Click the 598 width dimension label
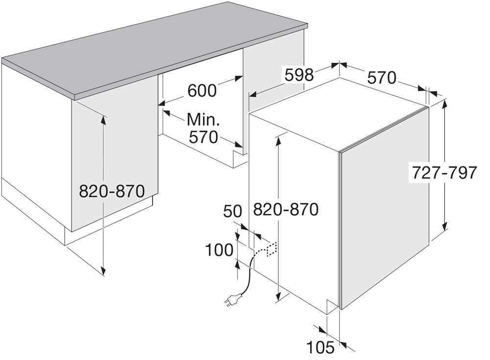[x=299, y=75]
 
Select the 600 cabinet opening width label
[x=202, y=91]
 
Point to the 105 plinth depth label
[x=320, y=347]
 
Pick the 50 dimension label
[x=233, y=211]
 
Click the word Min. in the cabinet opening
[x=203, y=120]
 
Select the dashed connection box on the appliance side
[x=271, y=249]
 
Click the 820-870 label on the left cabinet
[x=112, y=191]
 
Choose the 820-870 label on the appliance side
[x=286, y=209]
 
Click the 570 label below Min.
[x=203, y=137]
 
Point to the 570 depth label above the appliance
[x=382, y=78]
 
